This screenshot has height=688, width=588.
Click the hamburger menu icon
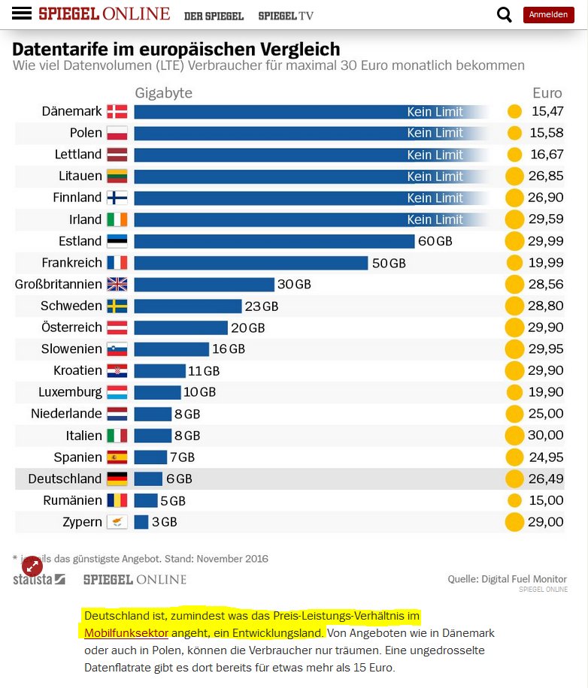coord(22,14)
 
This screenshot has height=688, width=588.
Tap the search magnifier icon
coord(505,14)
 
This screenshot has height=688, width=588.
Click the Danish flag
coord(117,112)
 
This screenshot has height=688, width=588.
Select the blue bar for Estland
coord(274,241)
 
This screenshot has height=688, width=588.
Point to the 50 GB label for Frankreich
coord(389,263)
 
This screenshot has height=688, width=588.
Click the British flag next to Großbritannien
coord(117,285)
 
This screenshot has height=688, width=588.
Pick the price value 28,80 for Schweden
coord(546,306)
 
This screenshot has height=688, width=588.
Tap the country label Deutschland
coord(65,478)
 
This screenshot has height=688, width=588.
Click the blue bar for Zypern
coord(141,522)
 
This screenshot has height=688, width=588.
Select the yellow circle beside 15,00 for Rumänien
coord(514,500)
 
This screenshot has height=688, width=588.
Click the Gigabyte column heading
coord(164,93)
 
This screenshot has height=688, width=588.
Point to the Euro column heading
coord(547,93)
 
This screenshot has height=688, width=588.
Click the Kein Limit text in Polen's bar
coord(435,133)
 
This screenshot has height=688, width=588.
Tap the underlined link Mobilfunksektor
coord(126,632)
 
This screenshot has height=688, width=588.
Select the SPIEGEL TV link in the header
coord(286,15)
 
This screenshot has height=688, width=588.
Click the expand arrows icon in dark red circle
coord(32,566)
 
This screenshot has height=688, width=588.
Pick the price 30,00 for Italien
coord(546,436)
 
